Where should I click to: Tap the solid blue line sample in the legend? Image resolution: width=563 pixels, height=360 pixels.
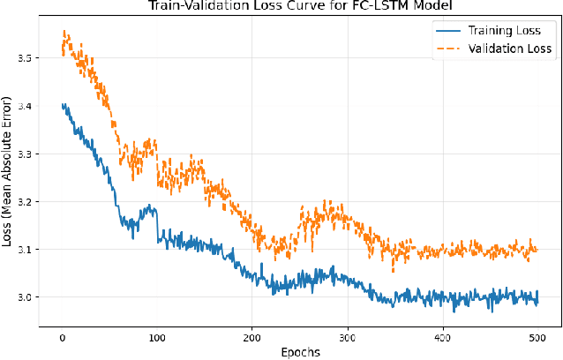(x=449, y=32)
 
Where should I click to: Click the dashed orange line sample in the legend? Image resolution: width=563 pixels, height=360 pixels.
(x=449, y=49)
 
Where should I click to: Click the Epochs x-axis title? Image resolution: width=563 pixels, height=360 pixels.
(x=300, y=352)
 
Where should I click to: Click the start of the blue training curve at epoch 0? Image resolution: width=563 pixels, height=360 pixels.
(x=63, y=105)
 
